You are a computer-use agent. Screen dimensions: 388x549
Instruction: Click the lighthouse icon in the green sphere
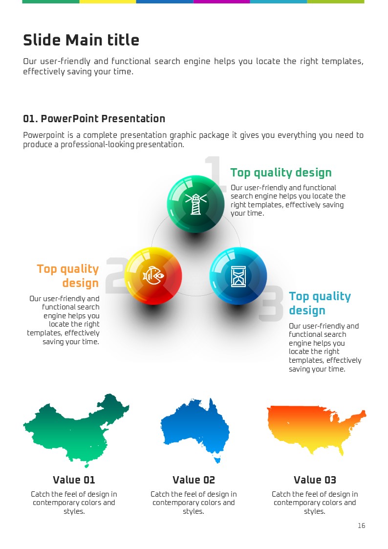click(x=195, y=204)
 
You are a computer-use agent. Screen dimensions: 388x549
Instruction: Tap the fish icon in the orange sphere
click(x=153, y=276)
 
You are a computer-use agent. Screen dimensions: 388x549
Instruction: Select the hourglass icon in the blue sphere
click(x=238, y=276)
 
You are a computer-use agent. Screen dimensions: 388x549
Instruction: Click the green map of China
click(x=76, y=430)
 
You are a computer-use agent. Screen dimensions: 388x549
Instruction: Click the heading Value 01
click(x=74, y=480)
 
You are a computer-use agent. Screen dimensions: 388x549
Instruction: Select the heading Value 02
click(x=194, y=480)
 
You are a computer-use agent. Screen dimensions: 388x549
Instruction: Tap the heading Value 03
click(x=315, y=480)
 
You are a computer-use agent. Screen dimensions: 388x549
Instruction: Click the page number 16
click(x=362, y=526)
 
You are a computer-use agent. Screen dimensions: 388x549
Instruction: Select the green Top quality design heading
click(x=281, y=173)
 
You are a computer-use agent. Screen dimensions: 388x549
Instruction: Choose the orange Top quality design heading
click(x=68, y=276)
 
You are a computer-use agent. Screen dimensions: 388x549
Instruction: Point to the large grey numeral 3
click(x=272, y=303)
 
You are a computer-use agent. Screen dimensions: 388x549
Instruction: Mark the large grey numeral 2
click(x=116, y=275)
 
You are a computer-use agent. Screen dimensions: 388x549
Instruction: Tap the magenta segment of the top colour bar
click(x=221, y=2)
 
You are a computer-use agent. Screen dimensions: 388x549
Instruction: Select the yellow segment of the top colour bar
click(x=108, y=2)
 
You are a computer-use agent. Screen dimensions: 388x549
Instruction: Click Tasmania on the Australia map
click(x=217, y=460)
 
